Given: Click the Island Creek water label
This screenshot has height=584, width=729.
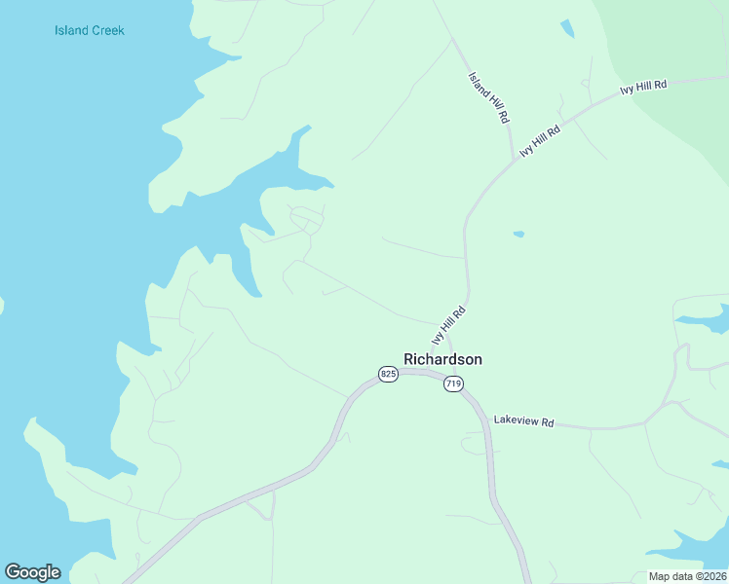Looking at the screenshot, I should [x=90, y=30].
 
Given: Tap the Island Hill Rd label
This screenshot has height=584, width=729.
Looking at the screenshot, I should [x=489, y=96].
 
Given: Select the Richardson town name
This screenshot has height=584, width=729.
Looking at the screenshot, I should [x=442, y=359].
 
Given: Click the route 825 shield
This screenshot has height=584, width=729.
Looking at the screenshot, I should [x=388, y=374].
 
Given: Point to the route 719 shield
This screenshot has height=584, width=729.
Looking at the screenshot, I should [x=452, y=383].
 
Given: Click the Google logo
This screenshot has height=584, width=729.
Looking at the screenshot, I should [x=32, y=572].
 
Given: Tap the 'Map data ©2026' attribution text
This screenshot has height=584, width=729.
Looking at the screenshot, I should [x=687, y=576].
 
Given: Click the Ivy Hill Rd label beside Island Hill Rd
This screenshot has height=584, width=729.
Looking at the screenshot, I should [x=541, y=141].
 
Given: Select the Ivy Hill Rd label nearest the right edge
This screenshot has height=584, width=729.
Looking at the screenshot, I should [x=643, y=87].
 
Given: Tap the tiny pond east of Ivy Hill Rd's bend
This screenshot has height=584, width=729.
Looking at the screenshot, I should [x=518, y=234].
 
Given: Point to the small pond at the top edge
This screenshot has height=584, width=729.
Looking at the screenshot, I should [x=567, y=28].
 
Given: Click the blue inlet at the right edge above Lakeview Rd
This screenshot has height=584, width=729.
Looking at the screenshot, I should [x=707, y=319].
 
